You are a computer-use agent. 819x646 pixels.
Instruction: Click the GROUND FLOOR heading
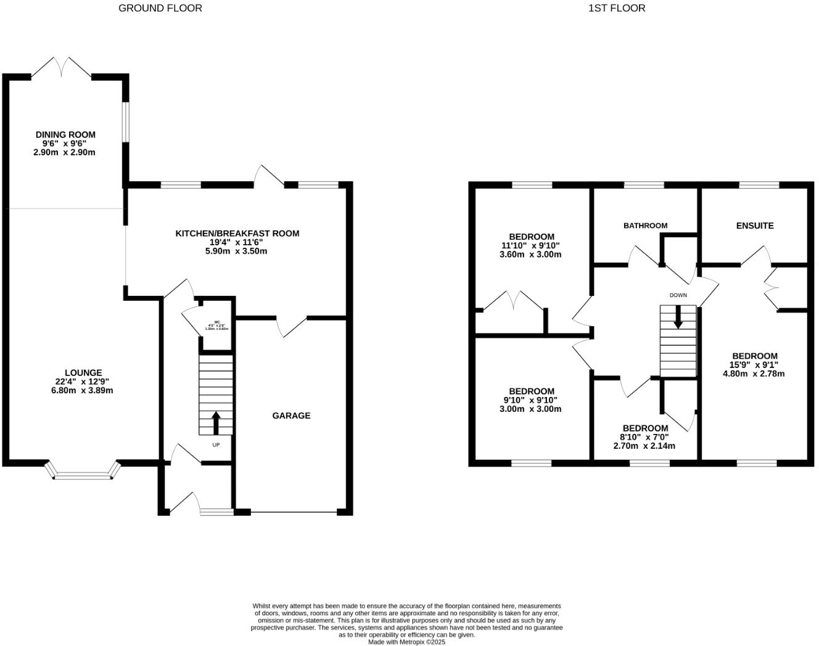(160, 8)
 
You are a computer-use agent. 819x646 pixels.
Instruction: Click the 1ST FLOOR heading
(617, 8)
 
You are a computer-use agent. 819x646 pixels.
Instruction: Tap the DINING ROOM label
(65, 134)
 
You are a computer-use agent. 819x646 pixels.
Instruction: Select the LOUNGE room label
(83, 372)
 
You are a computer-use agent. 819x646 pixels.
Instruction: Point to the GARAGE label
(291, 415)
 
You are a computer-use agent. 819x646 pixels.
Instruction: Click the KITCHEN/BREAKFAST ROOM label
(237, 233)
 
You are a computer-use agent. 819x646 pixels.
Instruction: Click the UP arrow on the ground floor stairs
(216, 423)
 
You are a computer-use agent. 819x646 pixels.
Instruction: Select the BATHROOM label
(645, 226)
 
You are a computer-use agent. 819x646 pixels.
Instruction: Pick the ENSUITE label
(755, 226)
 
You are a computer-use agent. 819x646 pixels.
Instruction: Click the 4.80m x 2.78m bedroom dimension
(754, 374)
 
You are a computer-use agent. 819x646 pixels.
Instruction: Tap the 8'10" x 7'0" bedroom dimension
(645, 437)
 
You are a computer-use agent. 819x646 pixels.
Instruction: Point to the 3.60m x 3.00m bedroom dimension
(530, 254)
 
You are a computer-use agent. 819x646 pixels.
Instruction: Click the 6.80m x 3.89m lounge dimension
(82, 390)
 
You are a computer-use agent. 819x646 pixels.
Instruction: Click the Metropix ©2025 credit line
(406, 642)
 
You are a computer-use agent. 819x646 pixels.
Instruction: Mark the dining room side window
(125, 121)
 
